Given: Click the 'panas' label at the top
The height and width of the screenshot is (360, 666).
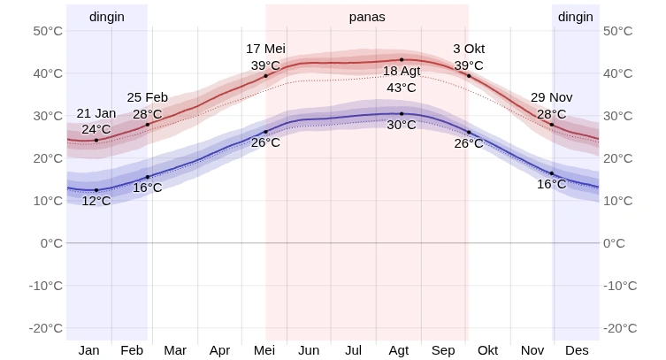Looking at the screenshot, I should point(367,17).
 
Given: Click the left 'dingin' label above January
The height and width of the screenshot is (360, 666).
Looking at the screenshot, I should point(107,17).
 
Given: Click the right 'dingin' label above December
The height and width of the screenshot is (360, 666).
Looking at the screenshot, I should point(576,17).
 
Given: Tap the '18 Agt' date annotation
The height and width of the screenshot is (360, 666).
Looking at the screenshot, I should point(401,71).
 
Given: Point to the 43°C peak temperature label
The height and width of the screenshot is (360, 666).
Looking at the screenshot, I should point(401,88).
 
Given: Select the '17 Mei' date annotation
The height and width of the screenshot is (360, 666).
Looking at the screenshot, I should point(265,49).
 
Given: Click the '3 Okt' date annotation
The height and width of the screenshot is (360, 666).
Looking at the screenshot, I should point(469,49).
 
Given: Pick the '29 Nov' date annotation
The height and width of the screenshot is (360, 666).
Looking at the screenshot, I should point(552,97).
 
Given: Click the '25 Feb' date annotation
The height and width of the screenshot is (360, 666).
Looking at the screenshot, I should point(148,97).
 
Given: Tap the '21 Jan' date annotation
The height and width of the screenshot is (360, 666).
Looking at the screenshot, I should point(96,113).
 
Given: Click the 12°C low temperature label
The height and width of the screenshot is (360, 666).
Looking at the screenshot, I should point(96,201).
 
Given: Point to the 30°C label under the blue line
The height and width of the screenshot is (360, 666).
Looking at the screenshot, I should point(401,125).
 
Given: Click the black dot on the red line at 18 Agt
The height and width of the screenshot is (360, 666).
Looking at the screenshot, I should point(402,60).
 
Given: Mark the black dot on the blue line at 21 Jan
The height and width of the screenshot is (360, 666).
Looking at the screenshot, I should point(96,190).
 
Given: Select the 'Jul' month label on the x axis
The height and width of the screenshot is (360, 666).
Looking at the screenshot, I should point(353,350).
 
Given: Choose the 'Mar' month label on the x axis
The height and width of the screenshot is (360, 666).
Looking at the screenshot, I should point(175,350).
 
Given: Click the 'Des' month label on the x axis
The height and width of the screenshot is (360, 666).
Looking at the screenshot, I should point(577,350).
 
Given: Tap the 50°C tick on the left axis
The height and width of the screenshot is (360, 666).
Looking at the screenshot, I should point(48,31).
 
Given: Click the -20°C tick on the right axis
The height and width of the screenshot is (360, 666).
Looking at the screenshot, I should point(620,328).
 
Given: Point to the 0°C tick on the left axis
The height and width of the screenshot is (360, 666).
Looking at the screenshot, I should point(51,243).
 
